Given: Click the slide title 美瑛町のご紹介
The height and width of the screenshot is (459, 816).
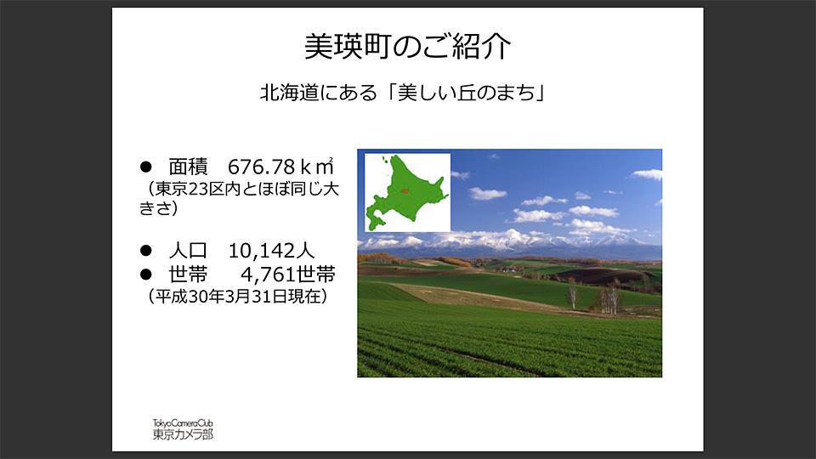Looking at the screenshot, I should (407, 48).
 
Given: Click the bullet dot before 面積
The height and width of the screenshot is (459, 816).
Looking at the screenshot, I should (144, 167).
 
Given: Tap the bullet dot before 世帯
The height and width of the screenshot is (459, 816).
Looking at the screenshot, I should (144, 274).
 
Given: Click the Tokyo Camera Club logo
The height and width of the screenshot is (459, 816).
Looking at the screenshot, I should (183, 429).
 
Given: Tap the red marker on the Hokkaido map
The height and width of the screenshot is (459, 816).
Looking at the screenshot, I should (405, 190).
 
